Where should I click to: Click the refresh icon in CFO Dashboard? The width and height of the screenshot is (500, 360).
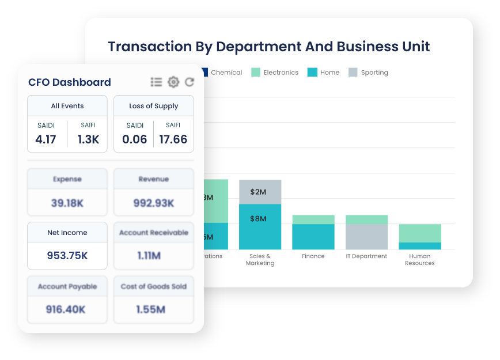pos(189,82)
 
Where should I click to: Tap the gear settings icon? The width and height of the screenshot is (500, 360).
pos(173,82)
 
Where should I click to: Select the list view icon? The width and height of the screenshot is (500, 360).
pos(156,82)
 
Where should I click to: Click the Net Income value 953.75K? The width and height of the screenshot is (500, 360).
pos(67,256)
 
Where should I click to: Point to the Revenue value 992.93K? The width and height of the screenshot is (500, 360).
pos(154,203)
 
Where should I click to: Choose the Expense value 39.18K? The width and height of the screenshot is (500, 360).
pos(67,203)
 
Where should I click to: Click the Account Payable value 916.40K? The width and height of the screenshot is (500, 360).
pos(67,309)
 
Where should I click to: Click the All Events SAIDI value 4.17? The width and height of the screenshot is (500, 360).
pos(46,139)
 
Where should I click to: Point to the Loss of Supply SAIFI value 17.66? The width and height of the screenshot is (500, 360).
pos(173,139)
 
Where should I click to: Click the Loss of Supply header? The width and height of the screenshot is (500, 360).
pos(154,106)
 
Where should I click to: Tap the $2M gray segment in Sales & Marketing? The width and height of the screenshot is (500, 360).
pos(260,192)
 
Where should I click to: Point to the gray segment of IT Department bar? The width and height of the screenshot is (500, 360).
pos(366,237)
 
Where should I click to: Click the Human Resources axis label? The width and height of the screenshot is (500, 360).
pos(420,260)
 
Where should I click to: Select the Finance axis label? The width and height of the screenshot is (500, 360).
pos(313,256)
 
